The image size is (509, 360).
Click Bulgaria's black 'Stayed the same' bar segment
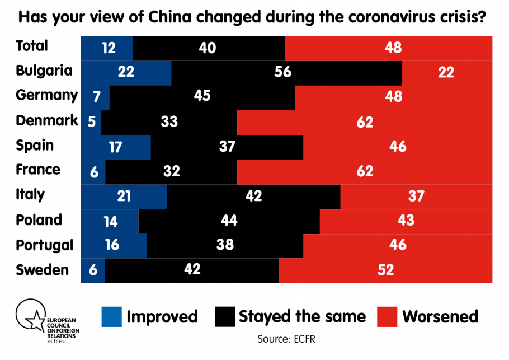pos(286,73)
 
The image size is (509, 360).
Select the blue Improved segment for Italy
pos(124,197)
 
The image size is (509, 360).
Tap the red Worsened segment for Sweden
pos(385,270)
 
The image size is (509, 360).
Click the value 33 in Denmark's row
pos(169,121)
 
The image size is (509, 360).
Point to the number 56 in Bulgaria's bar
pos(282,72)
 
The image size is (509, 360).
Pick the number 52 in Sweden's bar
pos(385,270)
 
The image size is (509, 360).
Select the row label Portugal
pos(45,245)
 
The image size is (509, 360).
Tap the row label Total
pos(32,45)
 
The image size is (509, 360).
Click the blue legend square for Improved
pos(112,316)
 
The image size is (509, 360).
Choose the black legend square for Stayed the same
pos(225,316)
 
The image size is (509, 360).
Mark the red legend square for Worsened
pos(387,316)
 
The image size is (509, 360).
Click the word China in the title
pos(170,17)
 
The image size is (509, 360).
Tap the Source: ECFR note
pos(286,339)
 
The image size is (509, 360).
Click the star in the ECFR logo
pos(35,321)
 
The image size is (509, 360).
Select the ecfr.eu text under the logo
pos(56,341)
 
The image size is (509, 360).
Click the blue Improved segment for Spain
pos(116,147)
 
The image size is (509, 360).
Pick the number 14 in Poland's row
pos(110,222)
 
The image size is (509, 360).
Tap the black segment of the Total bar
pos(209,48)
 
